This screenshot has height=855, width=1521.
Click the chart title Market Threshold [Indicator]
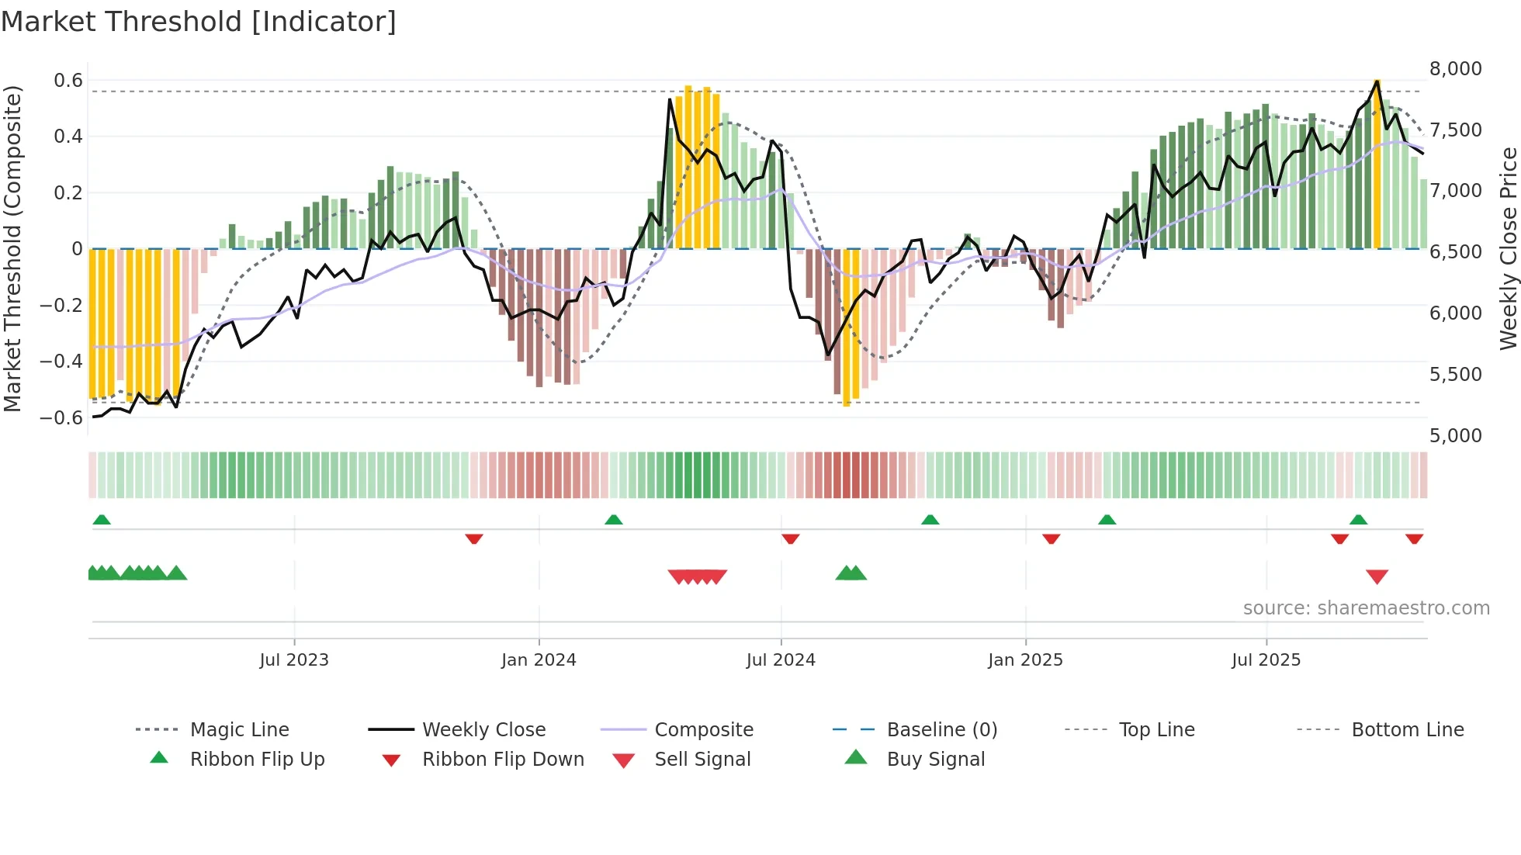[199, 22]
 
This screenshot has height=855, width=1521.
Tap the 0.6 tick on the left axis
[68, 81]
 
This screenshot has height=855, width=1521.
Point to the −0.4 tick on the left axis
[62, 362]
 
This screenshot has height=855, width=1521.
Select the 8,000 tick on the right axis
[1455, 69]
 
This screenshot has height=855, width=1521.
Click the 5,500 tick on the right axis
[1455, 375]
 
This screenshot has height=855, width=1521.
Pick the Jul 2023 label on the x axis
[294, 660]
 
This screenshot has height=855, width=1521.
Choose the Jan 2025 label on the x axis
[1025, 660]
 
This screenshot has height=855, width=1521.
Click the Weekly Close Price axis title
[1508, 248]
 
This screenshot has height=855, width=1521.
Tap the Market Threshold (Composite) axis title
[12, 248]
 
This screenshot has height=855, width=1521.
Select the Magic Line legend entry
[239, 730]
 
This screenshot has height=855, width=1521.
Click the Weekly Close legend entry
[483, 730]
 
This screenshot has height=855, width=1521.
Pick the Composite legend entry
[703, 730]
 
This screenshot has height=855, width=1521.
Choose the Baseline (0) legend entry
[941, 730]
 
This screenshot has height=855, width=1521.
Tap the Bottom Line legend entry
[1407, 730]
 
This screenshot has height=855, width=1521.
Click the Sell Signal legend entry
[702, 760]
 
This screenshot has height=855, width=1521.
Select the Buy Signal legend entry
[935, 760]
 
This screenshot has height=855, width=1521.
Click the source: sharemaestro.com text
[1366, 608]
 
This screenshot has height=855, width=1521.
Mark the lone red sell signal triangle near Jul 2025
[1377, 576]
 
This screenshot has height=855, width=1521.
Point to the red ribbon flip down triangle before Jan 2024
[474, 538]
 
